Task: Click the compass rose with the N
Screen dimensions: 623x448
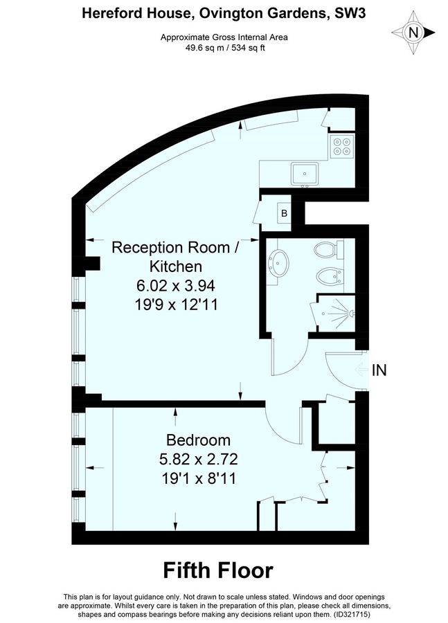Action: [413, 31]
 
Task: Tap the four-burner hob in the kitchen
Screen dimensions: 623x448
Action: [342, 147]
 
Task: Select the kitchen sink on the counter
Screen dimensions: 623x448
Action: [305, 172]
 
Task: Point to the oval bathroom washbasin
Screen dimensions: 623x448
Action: [280, 262]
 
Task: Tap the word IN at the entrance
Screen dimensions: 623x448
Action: [379, 370]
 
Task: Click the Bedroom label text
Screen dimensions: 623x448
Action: [198, 440]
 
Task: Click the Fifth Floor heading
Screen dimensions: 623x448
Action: [218, 570]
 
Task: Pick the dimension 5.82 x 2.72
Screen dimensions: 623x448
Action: [198, 458]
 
